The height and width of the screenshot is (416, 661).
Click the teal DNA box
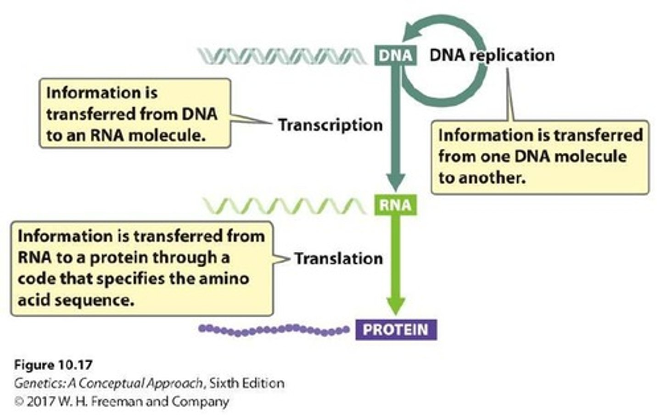point(395,55)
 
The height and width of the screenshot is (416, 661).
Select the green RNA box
point(395,205)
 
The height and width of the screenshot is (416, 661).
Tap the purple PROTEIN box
point(396,330)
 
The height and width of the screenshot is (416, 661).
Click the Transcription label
point(330,125)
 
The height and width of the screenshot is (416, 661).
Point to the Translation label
point(338,259)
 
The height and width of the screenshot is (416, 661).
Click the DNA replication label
point(492,55)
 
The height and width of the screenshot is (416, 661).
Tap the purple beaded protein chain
point(274,330)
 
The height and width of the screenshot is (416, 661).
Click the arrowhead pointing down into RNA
point(395,181)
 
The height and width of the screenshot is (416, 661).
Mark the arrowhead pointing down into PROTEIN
point(396,305)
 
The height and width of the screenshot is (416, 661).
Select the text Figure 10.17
point(53,365)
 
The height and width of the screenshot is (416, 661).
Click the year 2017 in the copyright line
point(41,402)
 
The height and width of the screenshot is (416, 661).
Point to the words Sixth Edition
point(246,383)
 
